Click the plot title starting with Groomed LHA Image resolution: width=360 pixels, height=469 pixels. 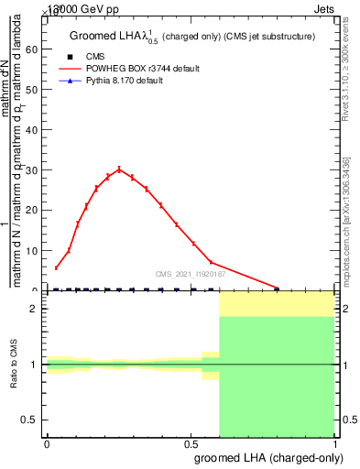pyautogui.click(x=192, y=37)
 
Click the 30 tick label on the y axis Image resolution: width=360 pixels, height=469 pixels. pyautogui.click(x=34, y=170)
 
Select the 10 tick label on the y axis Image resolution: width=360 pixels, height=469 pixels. pyautogui.click(x=34, y=250)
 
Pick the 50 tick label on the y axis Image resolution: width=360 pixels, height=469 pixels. pyautogui.click(x=34, y=90)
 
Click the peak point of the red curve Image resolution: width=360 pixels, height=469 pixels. pyautogui.click(x=119, y=169)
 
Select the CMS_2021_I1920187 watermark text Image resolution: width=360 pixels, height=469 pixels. pyautogui.click(x=192, y=273)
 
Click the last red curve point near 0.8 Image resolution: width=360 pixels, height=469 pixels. pyautogui.click(x=277, y=288)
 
